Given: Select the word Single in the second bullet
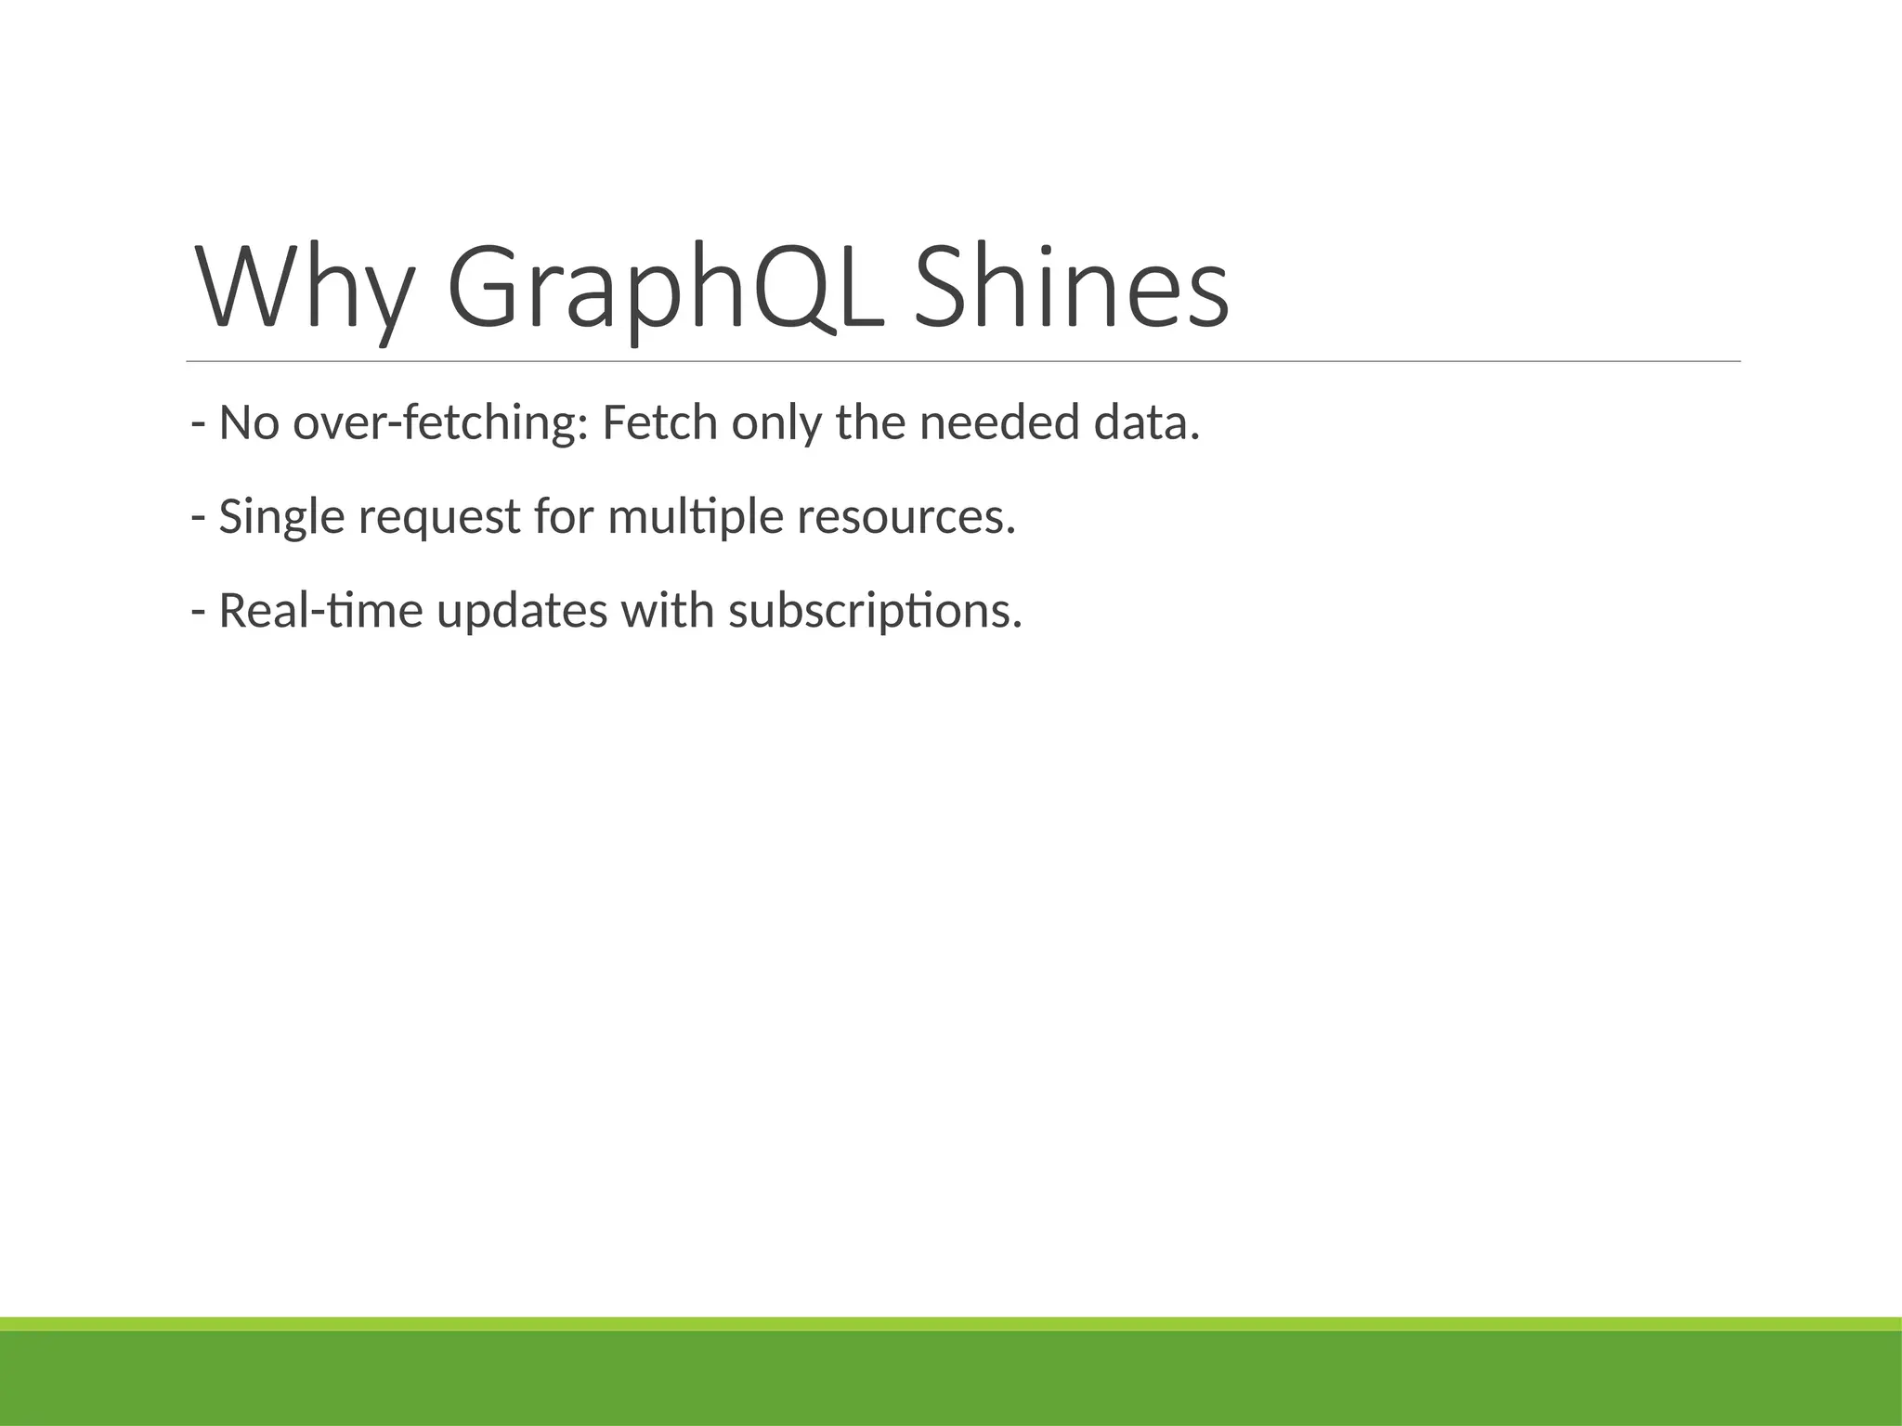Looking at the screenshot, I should [x=281, y=517].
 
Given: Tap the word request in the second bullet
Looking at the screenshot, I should [x=438, y=517].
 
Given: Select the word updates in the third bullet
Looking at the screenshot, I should [x=521, y=612].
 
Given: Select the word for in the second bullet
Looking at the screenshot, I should [x=563, y=517].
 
